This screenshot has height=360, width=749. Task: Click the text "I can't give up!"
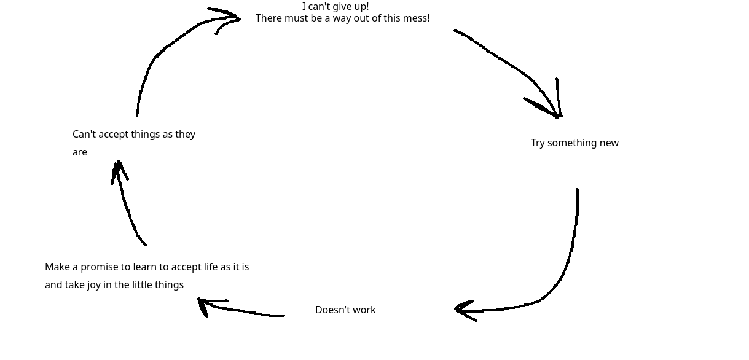pyautogui.click(x=335, y=7)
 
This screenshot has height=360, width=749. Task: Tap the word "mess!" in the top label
pyautogui.click(x=415, y=18)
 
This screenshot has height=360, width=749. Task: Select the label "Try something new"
pyautogui.click(x=574, y=143)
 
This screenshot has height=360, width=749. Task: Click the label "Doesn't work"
pyautogui.click(x=345, y=310)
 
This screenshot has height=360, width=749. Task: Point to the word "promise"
pyautogui.click(x=100, y=267)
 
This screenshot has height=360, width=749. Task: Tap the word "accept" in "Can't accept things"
pyautogui.click(x=115, y=135)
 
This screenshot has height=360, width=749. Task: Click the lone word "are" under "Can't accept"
pyautogui.click(x=80, y=152)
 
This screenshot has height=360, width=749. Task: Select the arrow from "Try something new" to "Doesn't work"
pyautogui.click(x=569, y=258)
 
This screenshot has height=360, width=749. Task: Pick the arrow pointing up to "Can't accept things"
pyautogui.click(x=128, y=209)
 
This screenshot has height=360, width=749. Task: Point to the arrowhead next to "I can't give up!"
pyautogui.click(x=230, y=18)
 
